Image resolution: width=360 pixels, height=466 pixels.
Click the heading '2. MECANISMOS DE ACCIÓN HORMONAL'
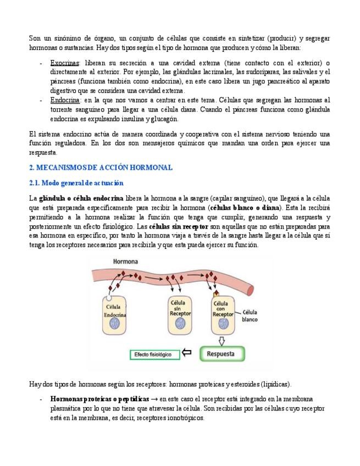pyautogui.click(x=101, y=168)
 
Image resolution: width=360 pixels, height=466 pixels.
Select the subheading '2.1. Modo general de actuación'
pyautogui.click(x=76, y=182)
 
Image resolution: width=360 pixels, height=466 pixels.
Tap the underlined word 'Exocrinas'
pyautogui.click(x=65, y=63)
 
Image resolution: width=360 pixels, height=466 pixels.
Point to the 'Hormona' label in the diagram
pyautogui.click(x=125, y=262)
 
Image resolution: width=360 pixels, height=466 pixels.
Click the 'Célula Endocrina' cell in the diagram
pyautogui.click(x=115, y=313)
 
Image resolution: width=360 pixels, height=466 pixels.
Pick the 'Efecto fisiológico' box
pyautogui.click(x=153, y=354)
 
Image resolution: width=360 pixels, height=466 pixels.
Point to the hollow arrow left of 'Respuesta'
pyautogui.click(x=187, y=353)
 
